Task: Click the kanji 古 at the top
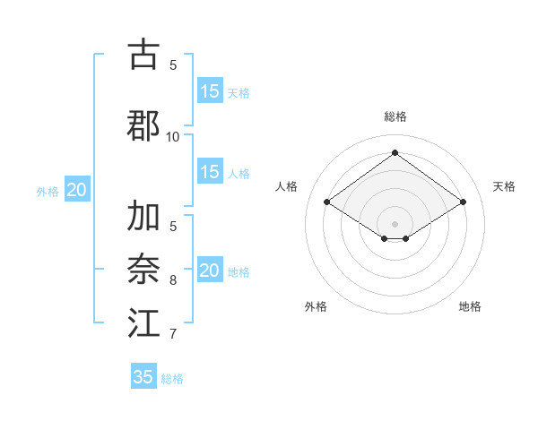click(x=143, y=55)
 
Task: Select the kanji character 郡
click(x=143, y=125)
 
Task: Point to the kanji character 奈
click(x=143, y=268)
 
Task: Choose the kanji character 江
click(x=143, y=322)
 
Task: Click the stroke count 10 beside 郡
click(x=173, y=137)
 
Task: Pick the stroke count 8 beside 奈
click(x=173, y=280)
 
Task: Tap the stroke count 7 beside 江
click(x=173, y=334)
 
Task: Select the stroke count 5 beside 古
click(x=173, y=65)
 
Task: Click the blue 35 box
click(x=143, y=377)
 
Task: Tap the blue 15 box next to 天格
click(x=210, y=90)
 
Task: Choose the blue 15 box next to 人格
click(x=210, y=172)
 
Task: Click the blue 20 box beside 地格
click(x=210, y=271)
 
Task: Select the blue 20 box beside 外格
click(x=77, y=190)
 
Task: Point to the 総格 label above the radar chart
click(x=395, y=116)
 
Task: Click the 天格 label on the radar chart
click(x=504, y=186)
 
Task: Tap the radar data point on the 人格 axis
click(x=327, y=202)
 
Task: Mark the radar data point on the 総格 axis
click(x=395, y=153)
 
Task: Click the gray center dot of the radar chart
click(x=395, y=223)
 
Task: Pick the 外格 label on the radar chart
click(x=316, y=306)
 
